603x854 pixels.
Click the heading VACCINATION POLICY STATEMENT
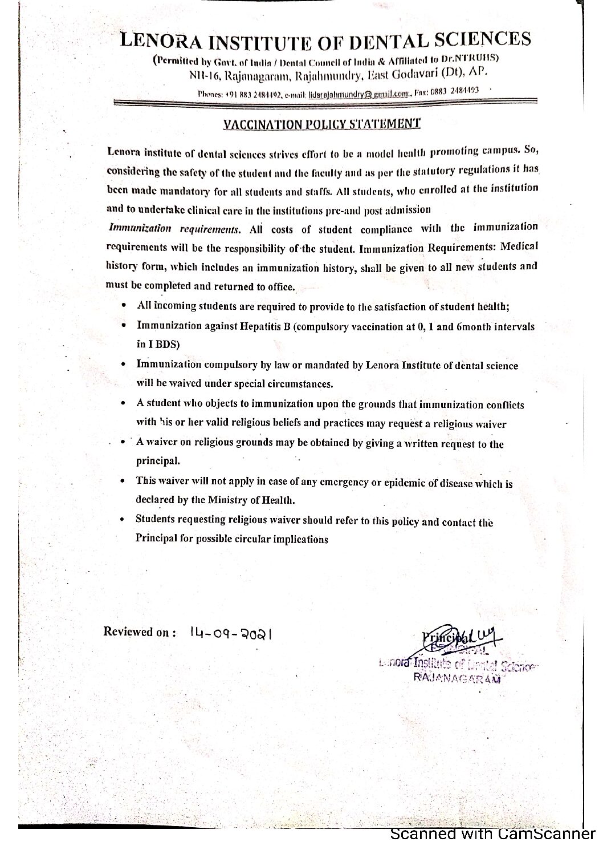coord(322,124)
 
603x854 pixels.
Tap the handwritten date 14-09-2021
coord(230,633)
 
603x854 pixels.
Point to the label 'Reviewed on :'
coord(137,632)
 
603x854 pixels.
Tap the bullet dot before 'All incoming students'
coord(124,306)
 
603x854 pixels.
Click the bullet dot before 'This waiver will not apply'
coord(123,481)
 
